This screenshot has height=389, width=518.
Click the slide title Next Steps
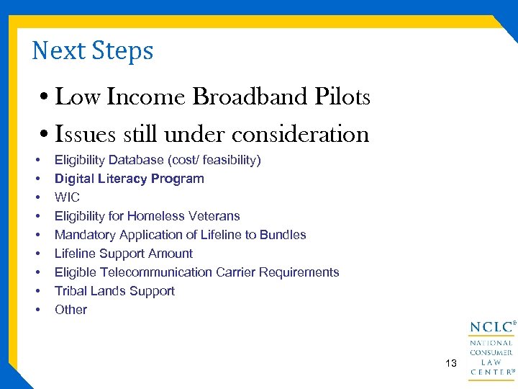click(x=93, y=50)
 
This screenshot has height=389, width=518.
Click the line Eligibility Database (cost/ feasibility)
click(x=158, y=160)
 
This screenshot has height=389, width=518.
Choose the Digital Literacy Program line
click(x=129, y=179)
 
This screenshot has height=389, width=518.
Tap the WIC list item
click(x=67, y=197)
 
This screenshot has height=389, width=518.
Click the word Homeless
click(x=156, y=216)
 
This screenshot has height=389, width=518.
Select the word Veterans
click(x=214, y=216)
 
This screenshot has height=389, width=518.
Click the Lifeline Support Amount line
click(x=124, y=254)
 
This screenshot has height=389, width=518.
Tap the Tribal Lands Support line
click(x=114, y=291)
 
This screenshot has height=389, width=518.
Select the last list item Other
click(x=71, y=310)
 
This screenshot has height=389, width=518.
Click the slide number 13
click(x=451, y=364)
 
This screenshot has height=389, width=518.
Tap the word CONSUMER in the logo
click(x=491, y=353)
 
